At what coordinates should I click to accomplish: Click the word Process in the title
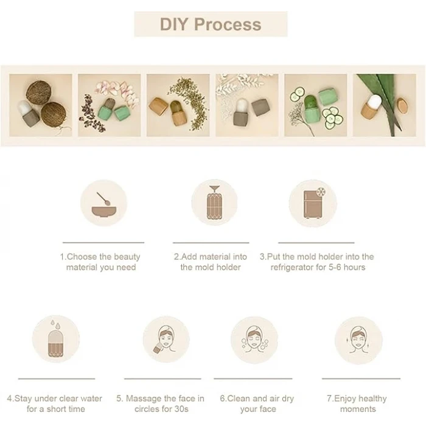click(228, 24)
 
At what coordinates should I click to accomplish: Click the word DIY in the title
click(174, 24)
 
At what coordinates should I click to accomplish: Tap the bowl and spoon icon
click(103, 204)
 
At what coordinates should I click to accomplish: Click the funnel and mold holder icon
click(214, 203)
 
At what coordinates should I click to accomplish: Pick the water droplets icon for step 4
click(56, 339)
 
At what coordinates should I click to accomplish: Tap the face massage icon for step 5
click(165, 340)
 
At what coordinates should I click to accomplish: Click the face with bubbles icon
click(254, 340)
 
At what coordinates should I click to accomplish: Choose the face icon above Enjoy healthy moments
click(358, 340)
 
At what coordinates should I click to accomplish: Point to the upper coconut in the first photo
click(38, 93)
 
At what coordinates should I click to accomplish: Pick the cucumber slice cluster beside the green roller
click(332, 117)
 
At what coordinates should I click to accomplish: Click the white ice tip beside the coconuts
click(24, 107)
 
